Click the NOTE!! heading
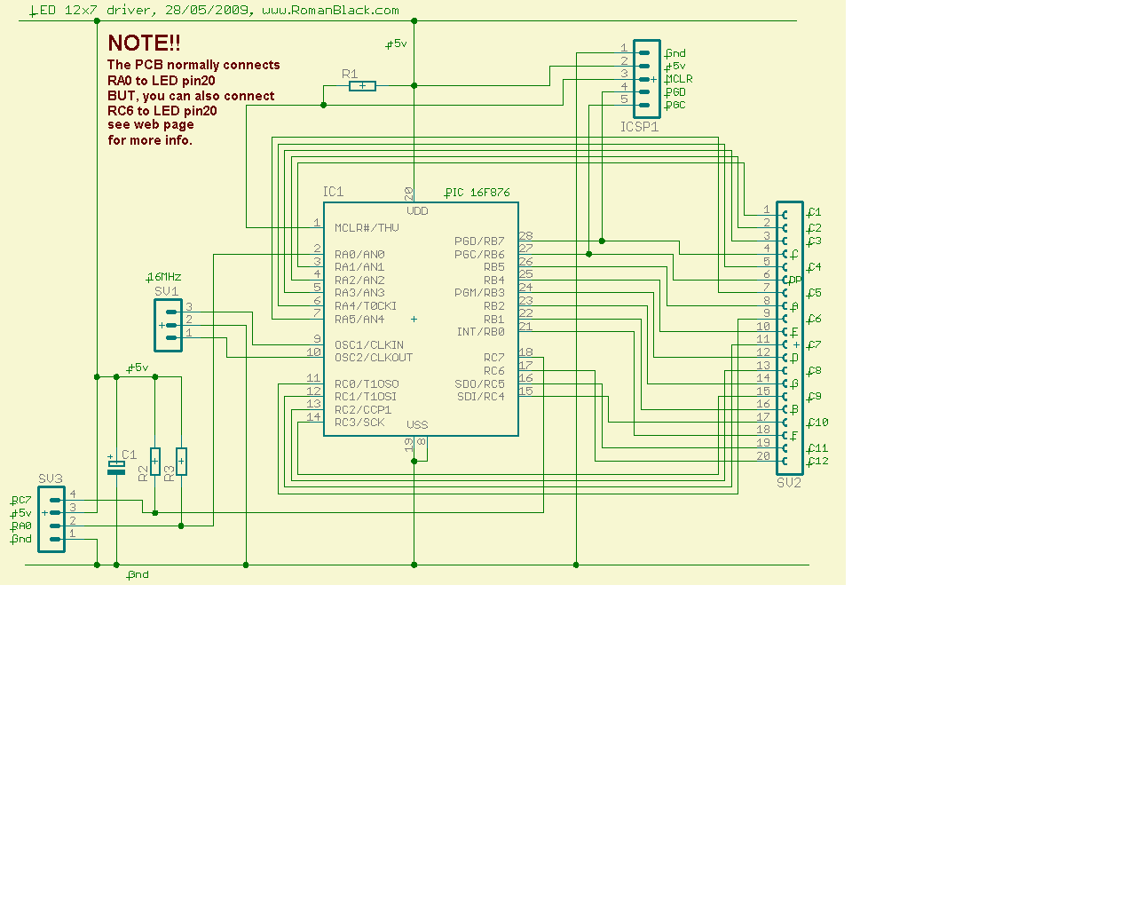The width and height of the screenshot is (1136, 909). pos(144,43)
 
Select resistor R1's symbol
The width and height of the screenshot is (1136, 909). pos(362,86)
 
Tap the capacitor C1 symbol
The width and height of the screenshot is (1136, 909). pos(115,467)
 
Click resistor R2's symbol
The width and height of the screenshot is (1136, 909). pos(155,461)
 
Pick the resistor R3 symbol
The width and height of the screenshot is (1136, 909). pos(181,461)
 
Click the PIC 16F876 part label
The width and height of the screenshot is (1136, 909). pos(477,192)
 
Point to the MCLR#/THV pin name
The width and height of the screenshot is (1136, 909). pos(367,228)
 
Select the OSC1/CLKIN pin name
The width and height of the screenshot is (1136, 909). pos(368,345)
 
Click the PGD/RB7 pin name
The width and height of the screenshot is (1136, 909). pos(479,241)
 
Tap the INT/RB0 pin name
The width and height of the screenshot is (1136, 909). pos(480,332)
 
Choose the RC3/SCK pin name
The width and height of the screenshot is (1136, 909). pos(359,423)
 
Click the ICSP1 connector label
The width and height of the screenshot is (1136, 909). pos(639,127)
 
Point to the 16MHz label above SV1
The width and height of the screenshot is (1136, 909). pos(164,277)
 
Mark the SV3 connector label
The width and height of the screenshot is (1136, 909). pos(51,478)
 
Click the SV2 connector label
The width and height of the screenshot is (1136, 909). pos(789,483)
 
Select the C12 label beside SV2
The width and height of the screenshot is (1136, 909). pos(818,461)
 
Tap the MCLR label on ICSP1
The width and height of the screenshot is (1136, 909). pos(679,79)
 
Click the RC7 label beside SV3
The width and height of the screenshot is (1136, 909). pos(21,501)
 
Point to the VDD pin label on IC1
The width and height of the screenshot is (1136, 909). pos(417,211)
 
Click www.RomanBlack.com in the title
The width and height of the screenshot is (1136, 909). pos(330,11)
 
